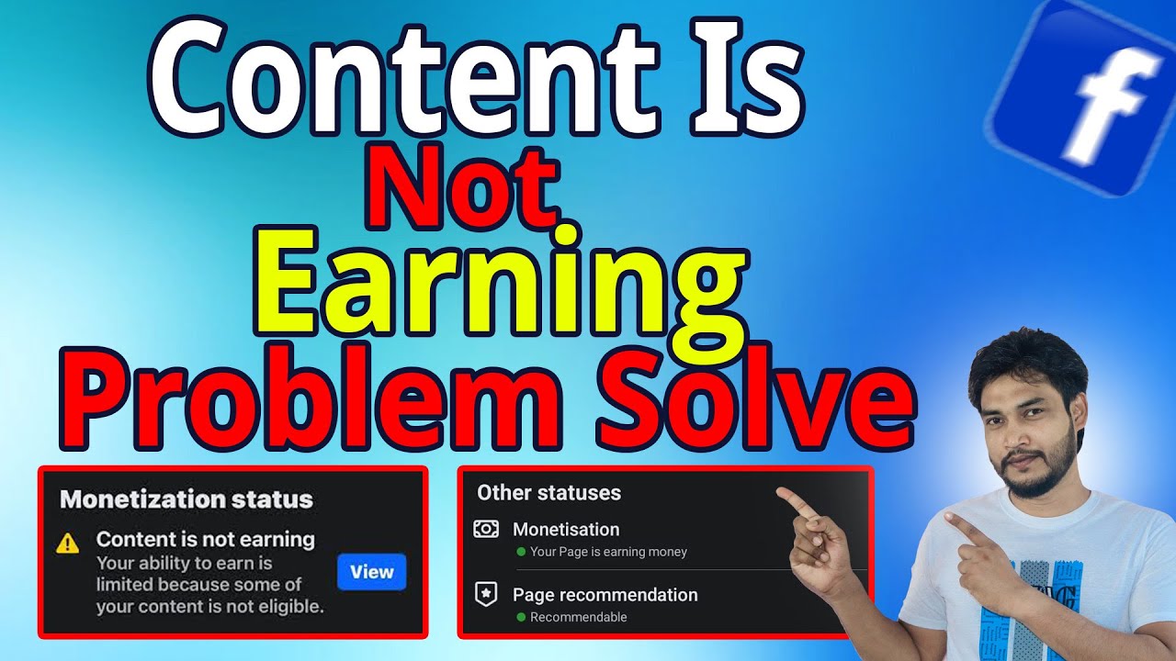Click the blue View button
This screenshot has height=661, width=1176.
click(371, 572)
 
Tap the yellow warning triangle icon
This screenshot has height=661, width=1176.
click(67, 543)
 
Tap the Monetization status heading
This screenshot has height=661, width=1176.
click(187, 500)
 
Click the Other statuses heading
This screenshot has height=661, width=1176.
click(548, 493)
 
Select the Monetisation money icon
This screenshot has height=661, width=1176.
click(486, 529)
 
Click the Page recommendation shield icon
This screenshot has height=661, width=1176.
click(485, 595)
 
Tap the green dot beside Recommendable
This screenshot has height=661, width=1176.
click(521, 617)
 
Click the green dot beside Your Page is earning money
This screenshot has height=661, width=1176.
click(521, 552)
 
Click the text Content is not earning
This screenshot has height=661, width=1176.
click(206, 539)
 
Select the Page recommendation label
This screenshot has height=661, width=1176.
click(605, 595)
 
